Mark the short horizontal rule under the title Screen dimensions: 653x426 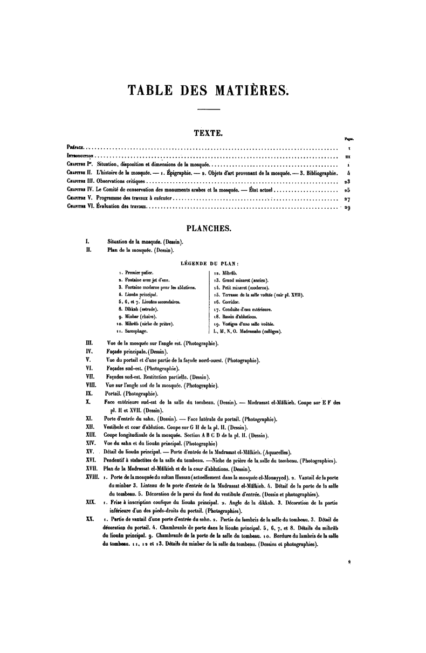[x=209, y=111]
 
